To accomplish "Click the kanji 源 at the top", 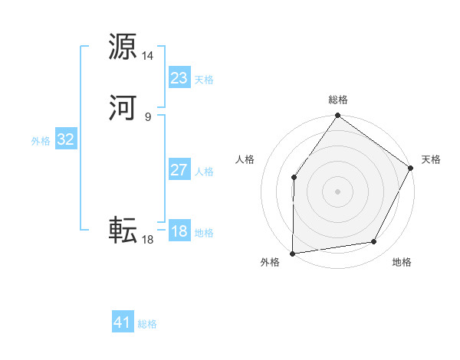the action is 123,46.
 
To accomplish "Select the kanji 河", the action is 123,107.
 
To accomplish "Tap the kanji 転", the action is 123,229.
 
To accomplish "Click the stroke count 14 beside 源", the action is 148,56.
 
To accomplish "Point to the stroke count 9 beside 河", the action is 148,117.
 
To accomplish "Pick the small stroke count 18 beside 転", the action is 148,240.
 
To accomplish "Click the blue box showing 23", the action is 179,78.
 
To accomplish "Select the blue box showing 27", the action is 179,170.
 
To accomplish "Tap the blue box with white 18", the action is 179,231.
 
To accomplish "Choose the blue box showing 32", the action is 65,139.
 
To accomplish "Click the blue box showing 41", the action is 123,322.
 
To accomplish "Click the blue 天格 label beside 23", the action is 204,80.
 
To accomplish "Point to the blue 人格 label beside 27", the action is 204,172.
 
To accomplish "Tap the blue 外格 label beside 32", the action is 41,141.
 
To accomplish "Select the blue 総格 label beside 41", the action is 147,324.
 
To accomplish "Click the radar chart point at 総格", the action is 337,116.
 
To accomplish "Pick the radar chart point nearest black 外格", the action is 292,253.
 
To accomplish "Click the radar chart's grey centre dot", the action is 337,191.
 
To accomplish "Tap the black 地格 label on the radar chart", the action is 402,263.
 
